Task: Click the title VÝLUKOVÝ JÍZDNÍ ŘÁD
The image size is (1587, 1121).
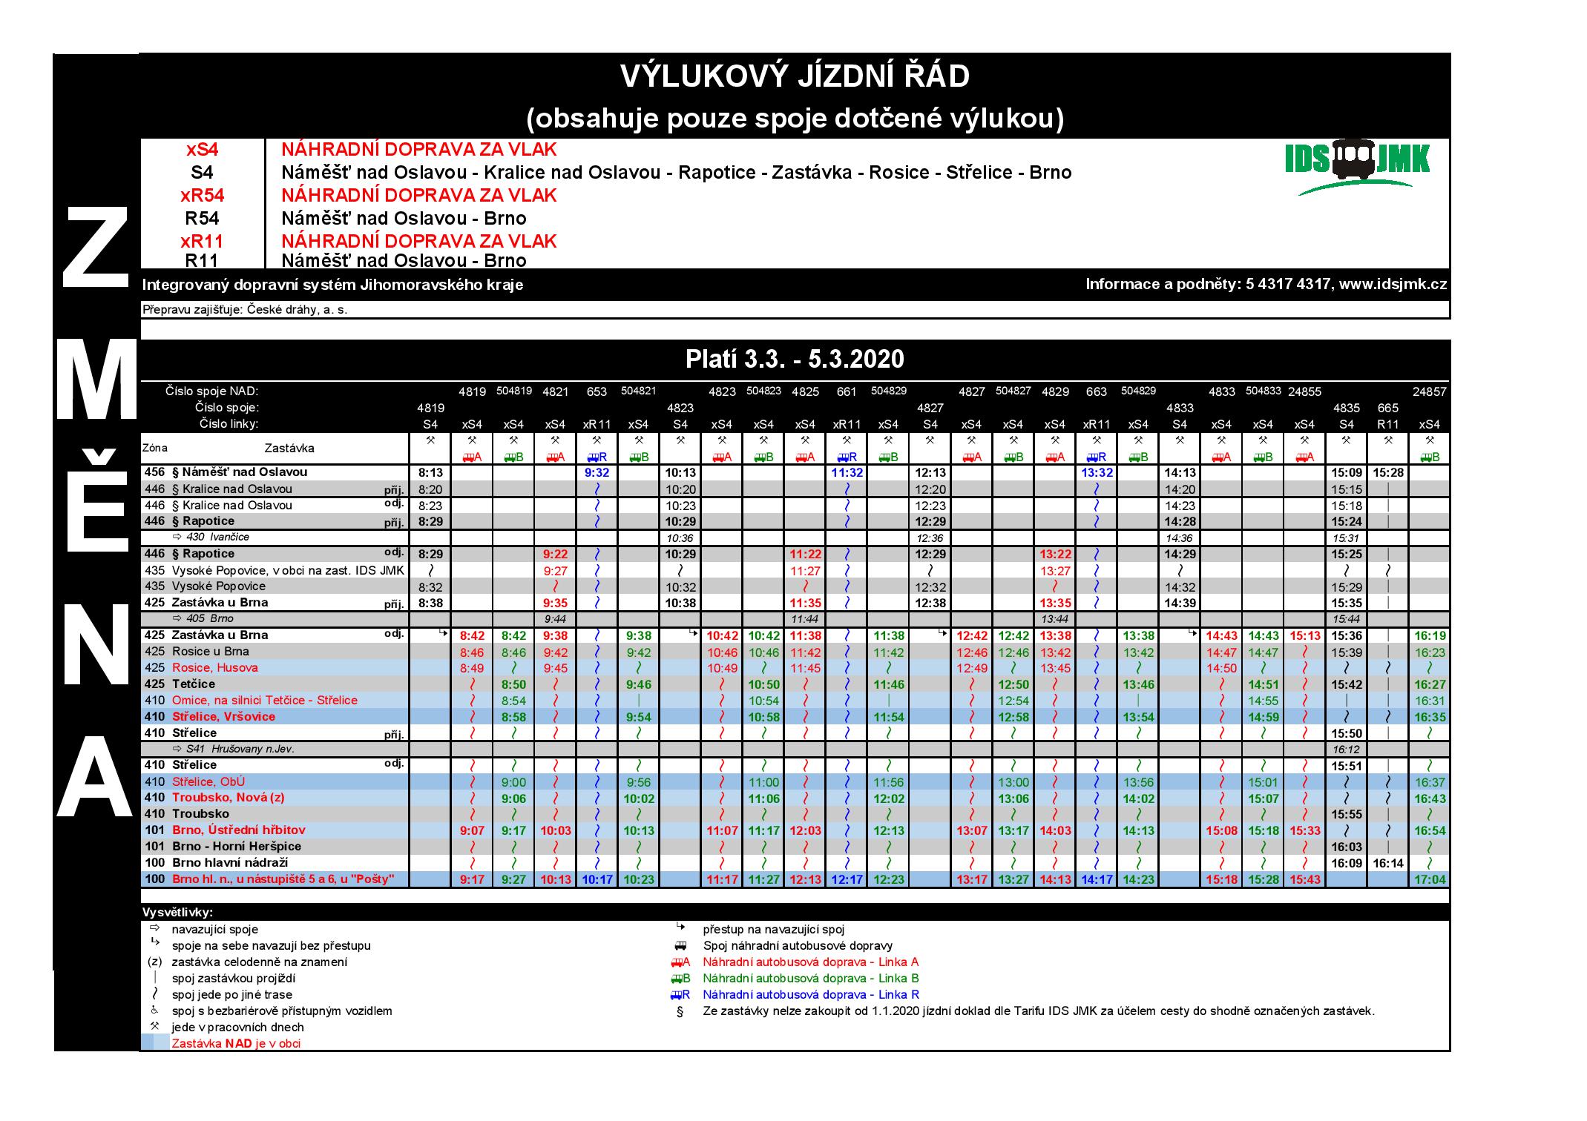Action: [794, 76]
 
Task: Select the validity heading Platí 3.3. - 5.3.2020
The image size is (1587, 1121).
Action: [794, 360]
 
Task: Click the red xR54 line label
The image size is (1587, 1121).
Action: [202, 196]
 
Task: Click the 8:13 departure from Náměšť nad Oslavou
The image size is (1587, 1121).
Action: [430, 472]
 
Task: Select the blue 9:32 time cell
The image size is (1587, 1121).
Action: [597, 472]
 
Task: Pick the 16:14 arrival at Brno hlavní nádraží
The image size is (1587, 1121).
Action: [1387, 863]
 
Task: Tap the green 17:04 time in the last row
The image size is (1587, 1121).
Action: [1429, 880]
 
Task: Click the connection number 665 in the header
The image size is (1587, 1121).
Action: [1387, 408]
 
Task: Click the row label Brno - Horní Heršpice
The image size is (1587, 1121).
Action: [236, 847]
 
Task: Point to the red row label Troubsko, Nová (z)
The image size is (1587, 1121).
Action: [228, 798]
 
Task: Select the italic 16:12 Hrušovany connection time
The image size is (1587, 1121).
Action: [1346, 750]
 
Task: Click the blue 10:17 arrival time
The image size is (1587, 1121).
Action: [597, 880]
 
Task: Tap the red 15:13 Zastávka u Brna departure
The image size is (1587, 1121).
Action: [1304, 636]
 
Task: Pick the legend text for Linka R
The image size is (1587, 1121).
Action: [811, 995]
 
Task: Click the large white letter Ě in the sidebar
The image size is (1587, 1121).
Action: [96, 504]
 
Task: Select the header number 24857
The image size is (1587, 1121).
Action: [1429, 391]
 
